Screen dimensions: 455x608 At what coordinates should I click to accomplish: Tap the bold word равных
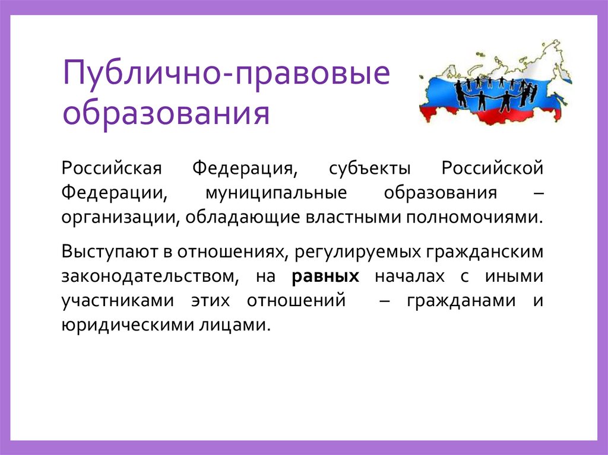tap(326, 276)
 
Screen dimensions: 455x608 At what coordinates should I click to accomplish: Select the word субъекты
tap(370, 169)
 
